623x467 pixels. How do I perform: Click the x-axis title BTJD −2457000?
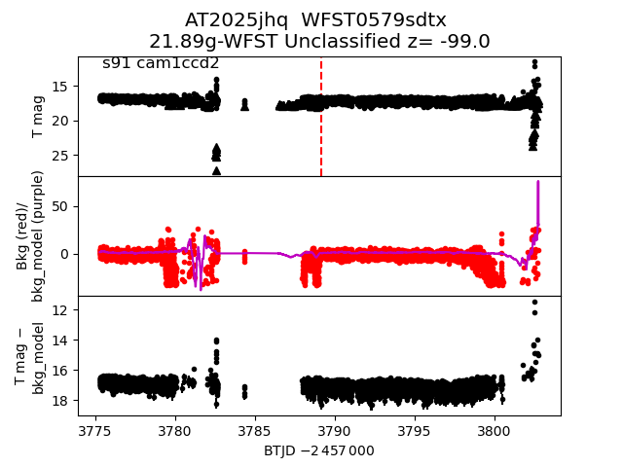318,450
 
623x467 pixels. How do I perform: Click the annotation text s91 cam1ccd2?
161,63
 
